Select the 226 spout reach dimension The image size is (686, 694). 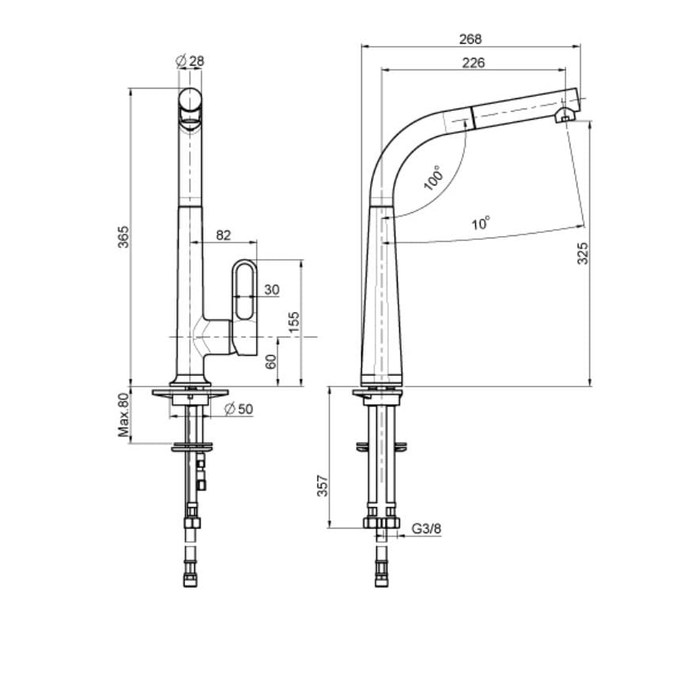tap(473, 63)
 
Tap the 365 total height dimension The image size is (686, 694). tap(123, 237)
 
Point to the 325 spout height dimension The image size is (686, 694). tap(582, 252)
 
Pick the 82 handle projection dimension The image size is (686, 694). tap(223, 235)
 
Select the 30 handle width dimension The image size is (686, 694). tap(271, 290)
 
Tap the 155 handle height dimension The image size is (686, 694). tap(293, 322)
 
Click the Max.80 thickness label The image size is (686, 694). tap(124, 415)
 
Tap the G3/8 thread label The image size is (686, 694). tap(426, 528)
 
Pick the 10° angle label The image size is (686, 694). tap(481, 223)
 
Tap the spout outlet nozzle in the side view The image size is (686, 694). tap(564, 116)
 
